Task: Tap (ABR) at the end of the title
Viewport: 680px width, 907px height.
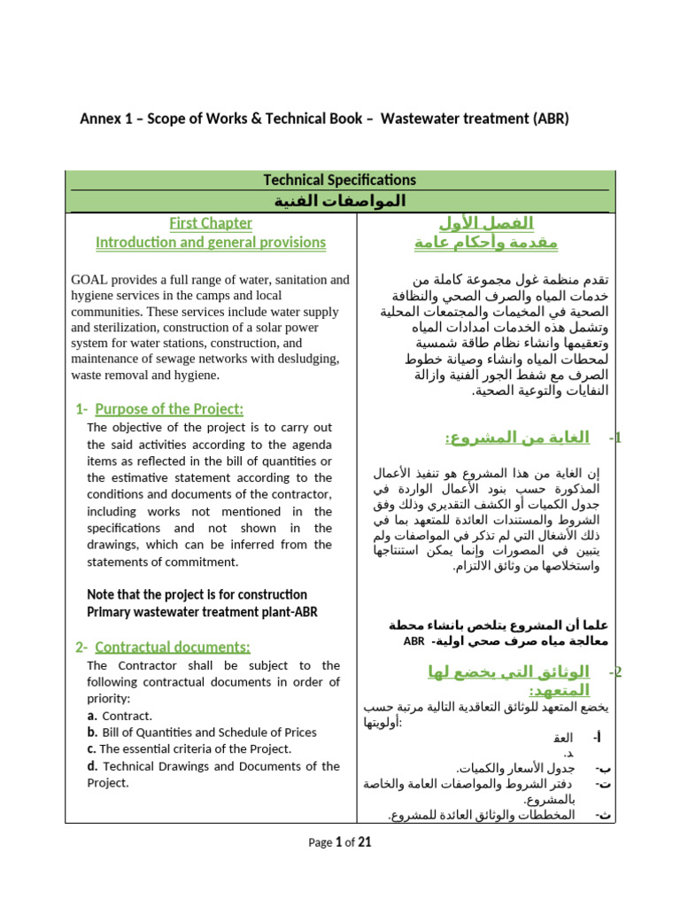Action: tap(548, 119)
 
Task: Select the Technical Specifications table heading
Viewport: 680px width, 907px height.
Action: tap(339, 180)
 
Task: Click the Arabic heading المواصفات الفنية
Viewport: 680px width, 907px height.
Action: tap(339, 201)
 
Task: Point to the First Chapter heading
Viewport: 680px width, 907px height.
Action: tap(211, 223)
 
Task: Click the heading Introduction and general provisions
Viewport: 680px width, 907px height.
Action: tap(211, 242)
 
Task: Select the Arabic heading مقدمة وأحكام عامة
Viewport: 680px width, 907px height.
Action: tap(486, 242)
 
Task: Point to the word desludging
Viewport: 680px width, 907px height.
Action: tap(306, 359)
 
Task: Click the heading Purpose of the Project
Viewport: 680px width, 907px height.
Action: tap(168, 408)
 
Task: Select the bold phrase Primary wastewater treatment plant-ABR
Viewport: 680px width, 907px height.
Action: tap(202, 611)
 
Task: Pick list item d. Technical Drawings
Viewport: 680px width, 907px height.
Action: tap(212, 766)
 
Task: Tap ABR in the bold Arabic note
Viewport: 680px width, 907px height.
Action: tap(413, 641)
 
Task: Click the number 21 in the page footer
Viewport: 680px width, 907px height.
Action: tap(364, 842)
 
